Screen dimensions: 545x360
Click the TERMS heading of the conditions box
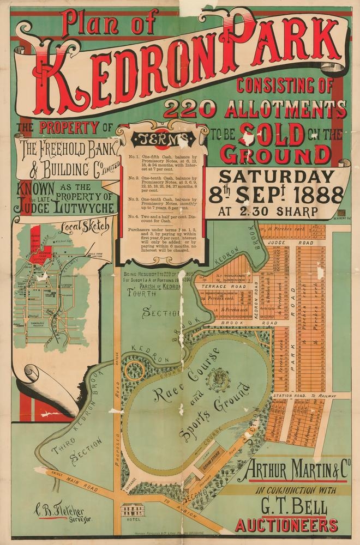(x=164, y=137)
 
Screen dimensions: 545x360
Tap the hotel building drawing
(x=133, y=511)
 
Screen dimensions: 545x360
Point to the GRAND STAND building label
(x=208, y=467)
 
